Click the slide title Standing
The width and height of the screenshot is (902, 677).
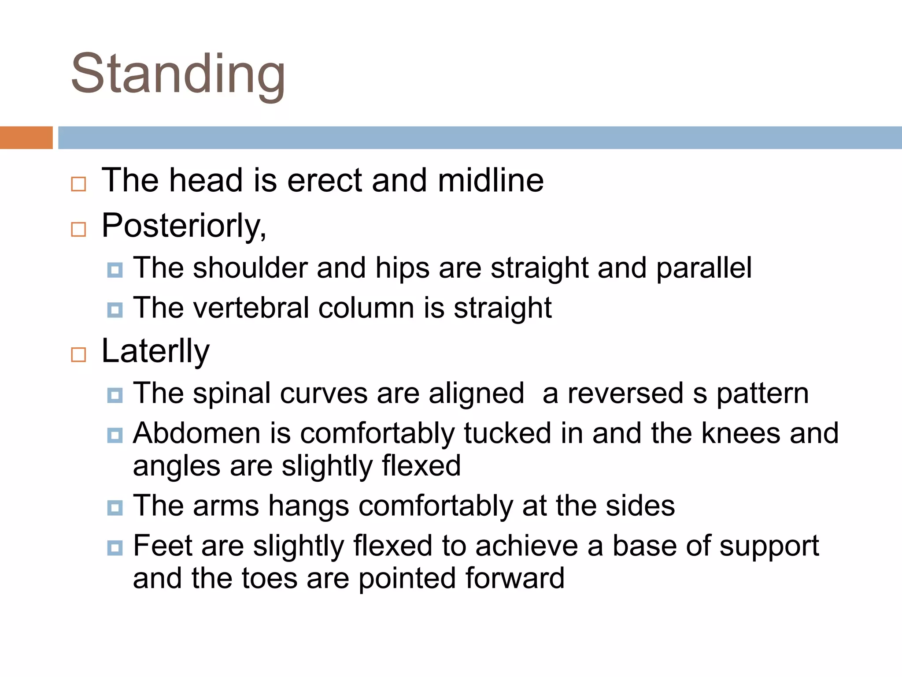(x=178, y=74)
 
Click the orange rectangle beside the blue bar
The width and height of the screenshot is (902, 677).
(x=26, y=138)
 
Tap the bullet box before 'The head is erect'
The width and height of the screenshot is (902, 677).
(x=78, y=184)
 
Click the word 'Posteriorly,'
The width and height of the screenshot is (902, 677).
(x=184, y=226)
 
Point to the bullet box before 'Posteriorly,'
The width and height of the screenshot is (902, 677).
(x=78, y=229)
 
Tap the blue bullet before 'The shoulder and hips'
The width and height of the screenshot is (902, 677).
(x=115, y=270)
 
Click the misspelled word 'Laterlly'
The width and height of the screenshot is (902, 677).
(x=155, y=351)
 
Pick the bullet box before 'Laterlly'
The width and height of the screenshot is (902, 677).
(x=78, y=354)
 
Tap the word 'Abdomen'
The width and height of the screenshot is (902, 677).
(x=197, y=433)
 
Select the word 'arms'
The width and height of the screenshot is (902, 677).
(x=225, y=506)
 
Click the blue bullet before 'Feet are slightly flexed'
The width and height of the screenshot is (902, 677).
(x=115, y=548)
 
